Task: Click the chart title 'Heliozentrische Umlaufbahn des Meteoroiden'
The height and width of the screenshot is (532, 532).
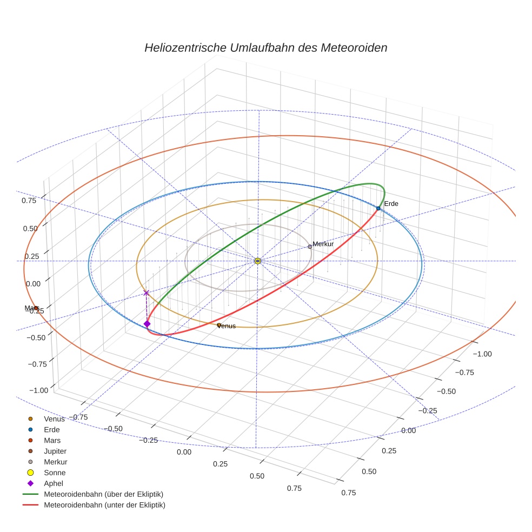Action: pyautogui.click(x=265, y=48)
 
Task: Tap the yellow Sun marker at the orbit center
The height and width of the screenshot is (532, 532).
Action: pyautogui.click(x=257, y=261)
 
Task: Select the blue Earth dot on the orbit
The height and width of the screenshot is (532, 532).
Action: pyautogui.click(x=378, y=208)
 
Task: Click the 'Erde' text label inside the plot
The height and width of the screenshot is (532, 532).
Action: pyautogui.click(x=391, y=204)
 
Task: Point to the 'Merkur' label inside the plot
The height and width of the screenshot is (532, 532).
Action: pyautogui.click(x=323, y=244)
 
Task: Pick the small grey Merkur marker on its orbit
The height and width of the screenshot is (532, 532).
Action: pyautogui.click(x=310, y=247)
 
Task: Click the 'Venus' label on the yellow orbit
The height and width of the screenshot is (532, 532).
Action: pyautogui.click(x=227, y=326)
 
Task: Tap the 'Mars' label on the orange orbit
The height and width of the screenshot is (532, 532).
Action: pyautogui.click(x=31, y=308)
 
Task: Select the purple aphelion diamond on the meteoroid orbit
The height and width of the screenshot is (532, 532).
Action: pyautogui.click(x=147, y=324)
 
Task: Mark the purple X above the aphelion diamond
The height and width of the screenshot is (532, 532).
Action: pyautogui.click(x=146, y=292)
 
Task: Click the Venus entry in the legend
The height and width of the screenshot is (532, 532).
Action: pyautogui.click(x=54, y=418)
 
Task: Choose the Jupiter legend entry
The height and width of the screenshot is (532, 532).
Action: pyautogui.click(x=55, y=451)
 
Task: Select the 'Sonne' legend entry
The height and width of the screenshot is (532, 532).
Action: pyautogui.click(x=55, y=473)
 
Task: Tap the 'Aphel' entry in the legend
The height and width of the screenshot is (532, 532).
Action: pyautogui.click(x=54, y=483)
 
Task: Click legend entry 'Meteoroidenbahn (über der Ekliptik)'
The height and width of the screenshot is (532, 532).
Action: pyautogui.click(x=103, y=494)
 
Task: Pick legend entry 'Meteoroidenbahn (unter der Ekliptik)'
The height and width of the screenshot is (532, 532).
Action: pyautogui.click(x=104, y=505)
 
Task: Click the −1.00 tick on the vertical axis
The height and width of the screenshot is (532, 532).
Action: pyautogui.click(x=38, y=390)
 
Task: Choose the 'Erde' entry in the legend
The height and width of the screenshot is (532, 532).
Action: pyautogui.click(x=52, y=429)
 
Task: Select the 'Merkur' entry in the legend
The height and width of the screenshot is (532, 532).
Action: pyautogui.click(x=55, y=462)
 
